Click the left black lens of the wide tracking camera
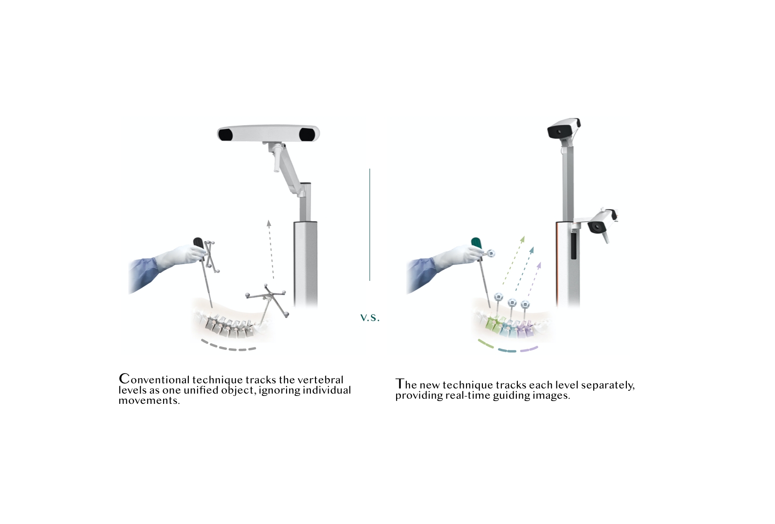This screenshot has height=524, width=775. [x=226, y=135]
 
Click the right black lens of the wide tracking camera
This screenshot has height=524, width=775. [x=307, y=135]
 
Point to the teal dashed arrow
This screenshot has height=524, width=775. [x=525, y=268]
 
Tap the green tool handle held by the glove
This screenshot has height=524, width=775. [x=477, y=243]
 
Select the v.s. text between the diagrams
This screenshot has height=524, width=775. [x=370, y=318]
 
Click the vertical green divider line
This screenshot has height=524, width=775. [x=370, y=224]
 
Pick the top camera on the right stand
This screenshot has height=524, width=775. [x=563, y=129]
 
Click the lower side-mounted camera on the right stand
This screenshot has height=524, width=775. [x=601, y=223]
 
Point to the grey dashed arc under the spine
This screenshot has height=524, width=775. [x=228, y=347]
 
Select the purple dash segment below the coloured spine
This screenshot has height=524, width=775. [x=529, y=348]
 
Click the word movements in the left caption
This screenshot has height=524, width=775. [x=149, y=401]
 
